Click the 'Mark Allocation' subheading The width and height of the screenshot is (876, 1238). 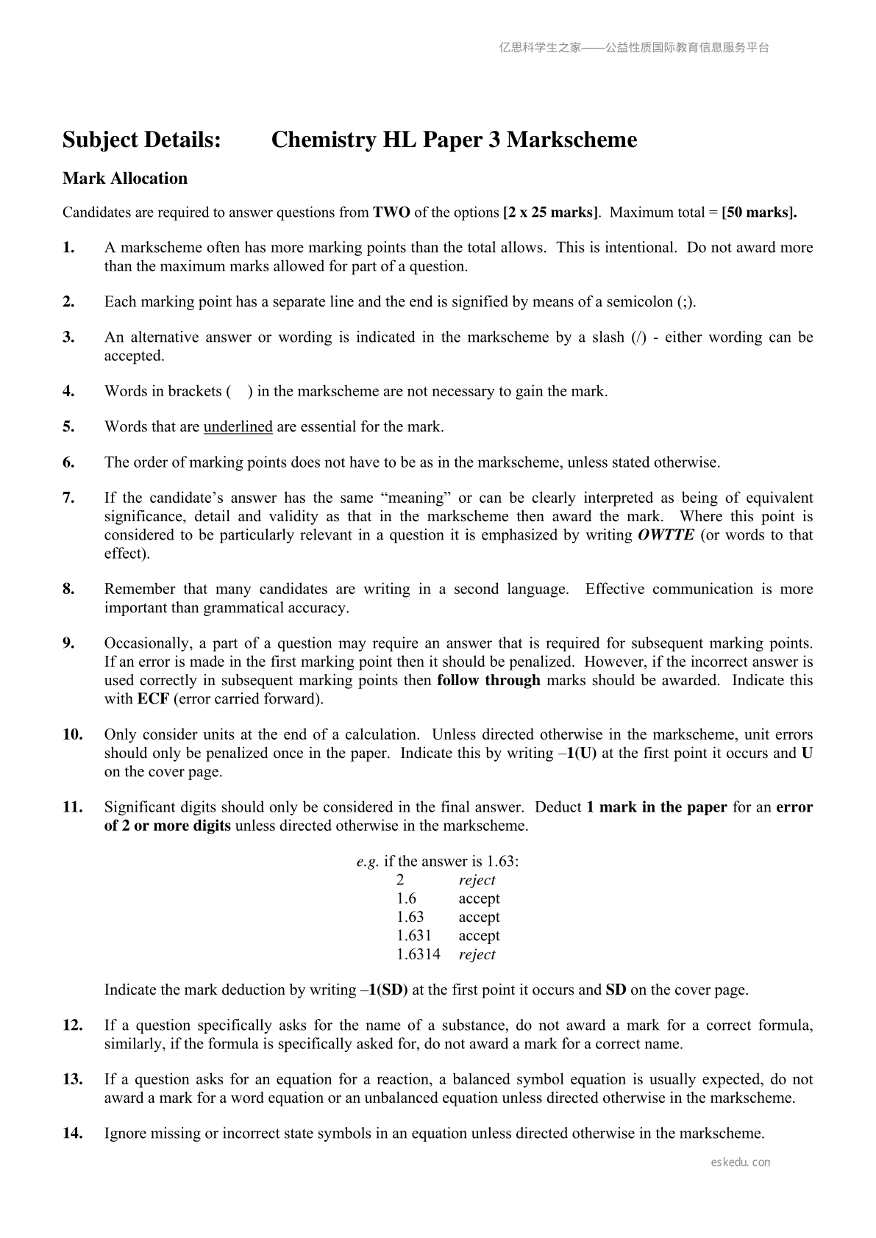click(125, 179)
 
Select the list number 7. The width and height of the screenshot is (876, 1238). click(68, 498)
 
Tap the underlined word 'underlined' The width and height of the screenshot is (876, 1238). click(238, 427)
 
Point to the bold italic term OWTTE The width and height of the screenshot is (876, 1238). click(666, 535)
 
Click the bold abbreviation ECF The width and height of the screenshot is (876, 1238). click(153, 699)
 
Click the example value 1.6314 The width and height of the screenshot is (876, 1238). click(419, 955)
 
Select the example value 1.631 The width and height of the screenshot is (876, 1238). click(414, 936)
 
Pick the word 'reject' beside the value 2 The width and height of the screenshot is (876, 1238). click(477, 881)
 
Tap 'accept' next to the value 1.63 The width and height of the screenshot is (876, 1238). click(479, 917)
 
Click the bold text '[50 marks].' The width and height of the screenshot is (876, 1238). click(759, 213)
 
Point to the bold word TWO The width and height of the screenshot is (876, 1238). click(391, 213)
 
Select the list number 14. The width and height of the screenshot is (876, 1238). click(72, 1134)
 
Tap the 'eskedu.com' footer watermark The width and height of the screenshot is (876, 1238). click(741, 1162)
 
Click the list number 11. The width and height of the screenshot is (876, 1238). click(72, 807)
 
